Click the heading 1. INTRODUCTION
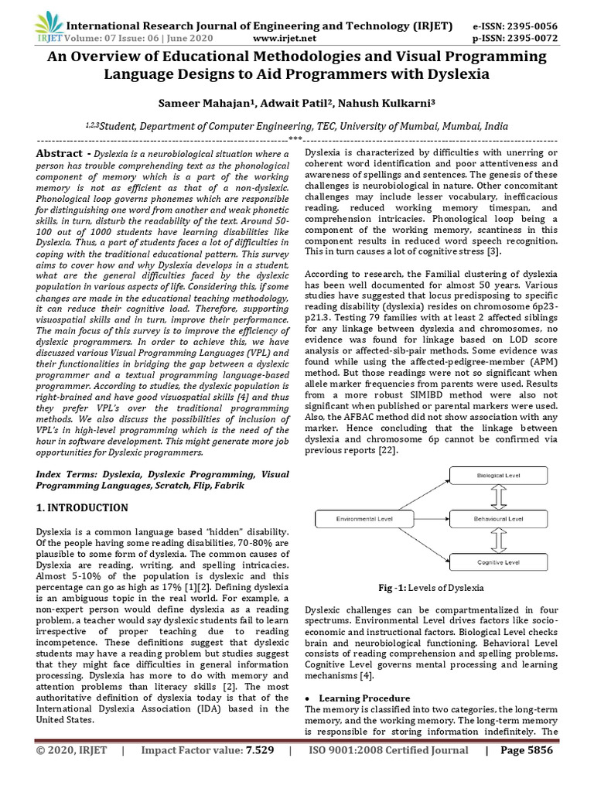tap(83, 508)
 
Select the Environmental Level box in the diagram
tap(366, 518)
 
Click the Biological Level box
tap(498, 475)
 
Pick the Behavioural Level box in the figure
tap(498, 518)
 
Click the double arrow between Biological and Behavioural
tap(498, 497)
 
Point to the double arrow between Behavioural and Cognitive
tap(498, 540)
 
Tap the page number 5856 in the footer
tap(555, 772)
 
